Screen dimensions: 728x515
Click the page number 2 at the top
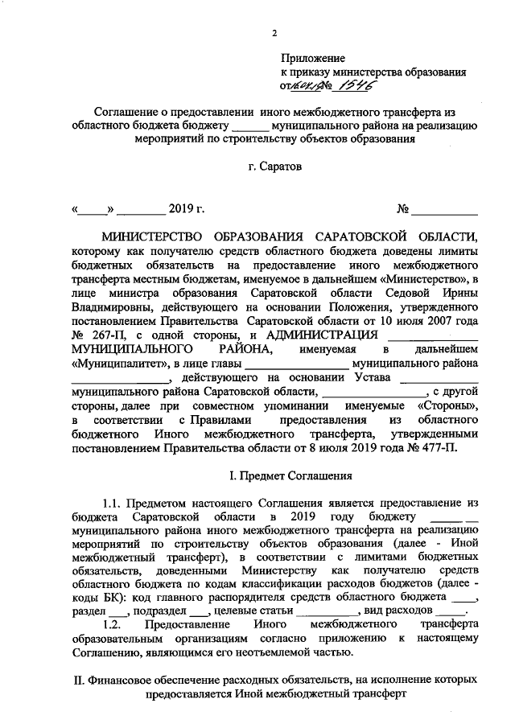[x=275, y=33]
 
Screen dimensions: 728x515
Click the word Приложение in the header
[x=312, y=59]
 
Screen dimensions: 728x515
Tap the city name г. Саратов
[x=275, y=169]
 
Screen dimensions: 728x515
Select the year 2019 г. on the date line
[x=187, y=210]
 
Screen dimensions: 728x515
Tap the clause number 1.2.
[x=115, y=623]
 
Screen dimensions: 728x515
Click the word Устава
[x=369, y=376]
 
